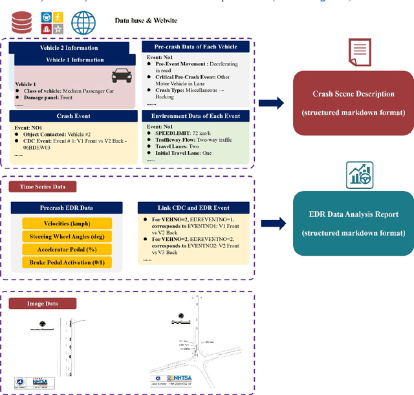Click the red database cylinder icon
point(22,23)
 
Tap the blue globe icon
point(83,23)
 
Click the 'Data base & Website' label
point(146,21)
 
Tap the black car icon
point(121,75)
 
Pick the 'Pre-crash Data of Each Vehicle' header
point(195,46)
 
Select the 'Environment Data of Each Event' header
point(195,117)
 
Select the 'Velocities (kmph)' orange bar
point(67,223)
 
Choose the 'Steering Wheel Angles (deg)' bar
point(67,236)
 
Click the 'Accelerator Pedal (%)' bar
point(67,249)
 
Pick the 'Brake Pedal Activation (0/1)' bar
point(67,262)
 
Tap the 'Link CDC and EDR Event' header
point(194,207)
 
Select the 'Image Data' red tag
point(43,303)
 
